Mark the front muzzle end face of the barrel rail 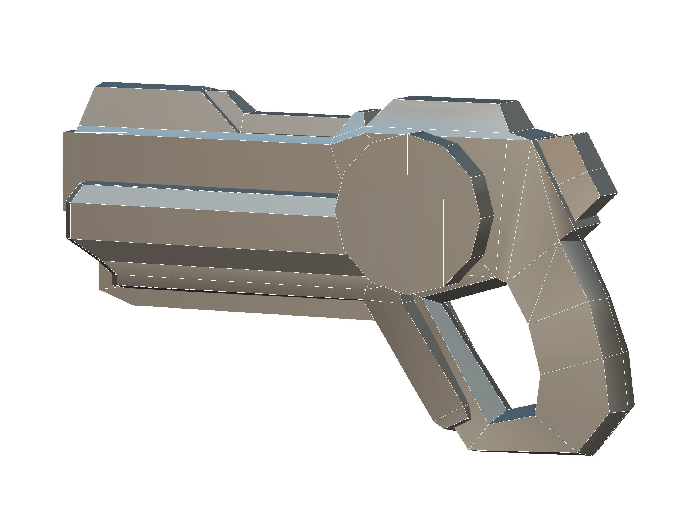pyautogui.click(x=68, y=219)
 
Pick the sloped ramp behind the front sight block pyautogui.click(x=226, y=110)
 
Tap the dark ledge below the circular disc pyautogui.click(x=463, y=289)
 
